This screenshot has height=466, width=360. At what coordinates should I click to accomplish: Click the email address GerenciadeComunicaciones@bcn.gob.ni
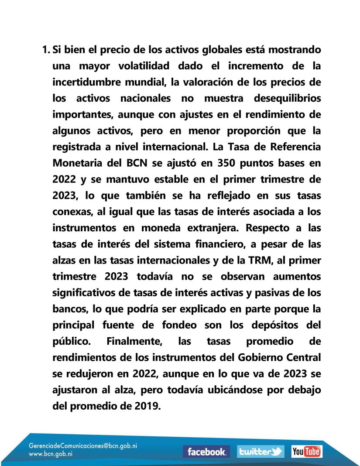(x=83, y=447)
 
